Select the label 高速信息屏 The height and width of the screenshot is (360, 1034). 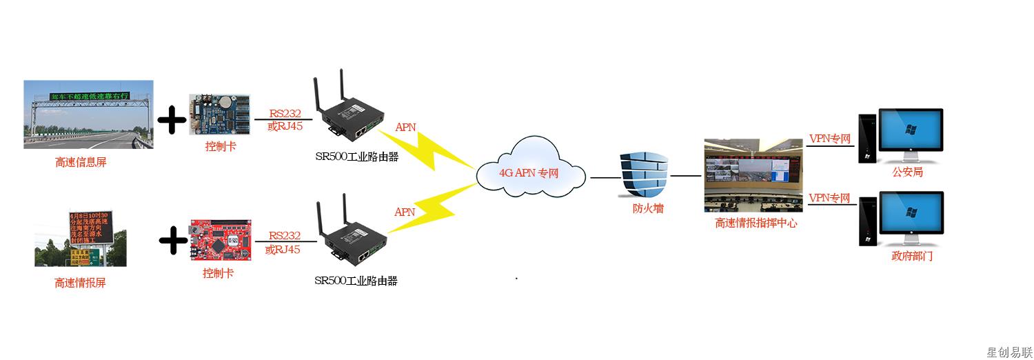(81, 163)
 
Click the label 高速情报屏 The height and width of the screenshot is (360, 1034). (81, 283)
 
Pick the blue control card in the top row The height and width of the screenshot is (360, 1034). (219, 116)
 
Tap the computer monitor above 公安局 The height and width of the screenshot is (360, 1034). (910, 131)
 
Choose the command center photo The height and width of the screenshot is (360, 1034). (753, 176)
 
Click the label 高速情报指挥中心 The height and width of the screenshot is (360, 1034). (756, 223)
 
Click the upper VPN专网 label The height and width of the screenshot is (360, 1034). (829, 139)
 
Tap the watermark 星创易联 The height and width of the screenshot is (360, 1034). (1008, 352)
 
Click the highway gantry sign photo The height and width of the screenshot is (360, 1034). (88, 114)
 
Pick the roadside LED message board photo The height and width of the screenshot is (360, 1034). (81, 238)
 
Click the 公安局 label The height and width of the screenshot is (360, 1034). (907, 172)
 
